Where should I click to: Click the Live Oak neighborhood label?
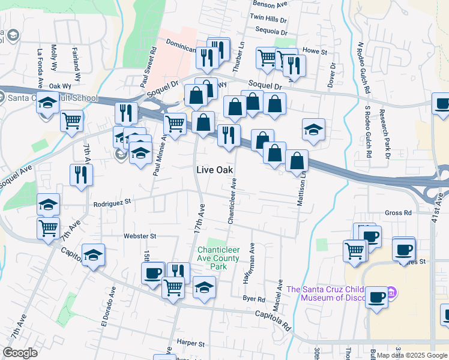tap(214, 170)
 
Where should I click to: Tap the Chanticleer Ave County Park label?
tap(218, 254)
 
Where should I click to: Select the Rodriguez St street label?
tap(112, 203)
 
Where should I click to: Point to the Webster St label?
tap(140, 236)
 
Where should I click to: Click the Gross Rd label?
tap(398, 212)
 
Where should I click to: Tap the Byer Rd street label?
tap(254, 299)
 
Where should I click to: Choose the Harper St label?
tap(191, 343)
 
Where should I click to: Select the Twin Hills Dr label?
tap(268, 19)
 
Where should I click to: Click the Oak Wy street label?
tap(60, 86)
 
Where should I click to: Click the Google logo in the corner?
tap(20, 352)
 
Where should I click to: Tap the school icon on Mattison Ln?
tap(313, 130)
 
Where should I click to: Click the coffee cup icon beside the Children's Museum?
tap(376, 298)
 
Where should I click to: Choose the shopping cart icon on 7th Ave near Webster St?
tap(48, 227)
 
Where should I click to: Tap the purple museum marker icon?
tap(391, 293)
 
